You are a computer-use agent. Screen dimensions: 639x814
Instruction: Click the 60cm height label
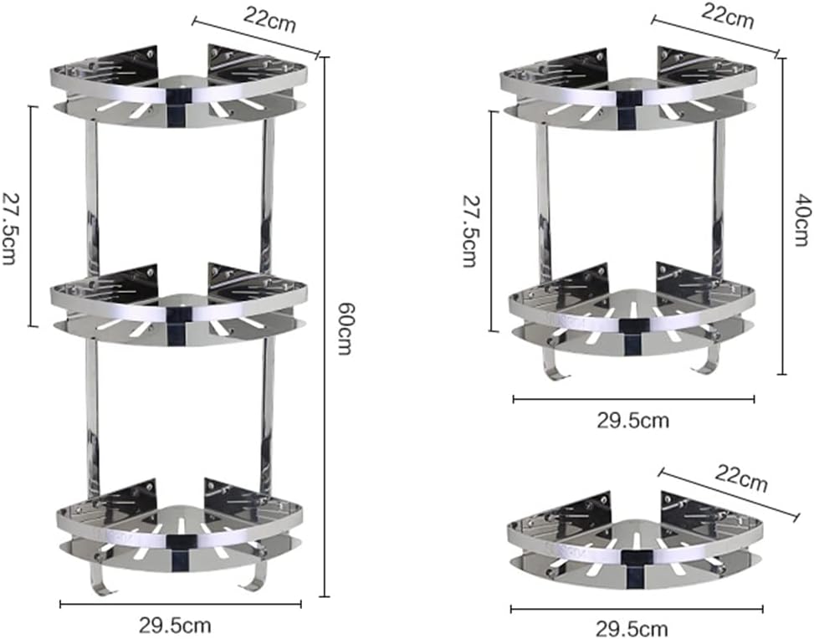[x=342, y=329]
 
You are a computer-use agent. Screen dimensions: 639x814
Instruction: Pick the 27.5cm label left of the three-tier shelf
[x=10, y=217]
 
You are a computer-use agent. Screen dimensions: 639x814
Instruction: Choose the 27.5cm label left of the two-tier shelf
[x=470, y=229]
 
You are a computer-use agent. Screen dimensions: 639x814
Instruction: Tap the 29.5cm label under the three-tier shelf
[x=175, y=624]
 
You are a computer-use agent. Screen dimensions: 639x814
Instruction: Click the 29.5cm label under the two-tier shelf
[x=632, y=420]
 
